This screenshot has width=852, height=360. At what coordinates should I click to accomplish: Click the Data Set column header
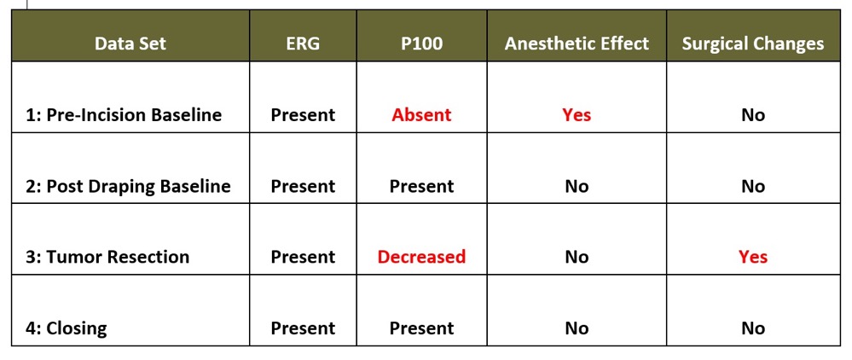pos(130,44)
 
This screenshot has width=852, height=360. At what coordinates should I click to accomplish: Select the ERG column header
pos(303,44)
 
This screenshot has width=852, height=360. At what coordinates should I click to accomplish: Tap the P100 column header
pos(421,44)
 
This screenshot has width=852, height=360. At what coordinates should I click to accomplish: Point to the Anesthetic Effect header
pos(577,44)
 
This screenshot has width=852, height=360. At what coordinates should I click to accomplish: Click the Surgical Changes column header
pos(752,44)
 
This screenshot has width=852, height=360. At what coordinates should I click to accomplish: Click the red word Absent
pos(421,115)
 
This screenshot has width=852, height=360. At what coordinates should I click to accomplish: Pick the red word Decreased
pos(421,257)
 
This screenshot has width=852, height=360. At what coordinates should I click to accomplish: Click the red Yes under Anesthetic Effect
pos(577,115)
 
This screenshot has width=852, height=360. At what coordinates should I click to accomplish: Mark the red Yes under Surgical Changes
pos(752,257)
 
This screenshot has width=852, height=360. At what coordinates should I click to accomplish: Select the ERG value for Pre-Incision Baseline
pos(303,115)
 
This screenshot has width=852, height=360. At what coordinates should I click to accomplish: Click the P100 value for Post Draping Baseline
pos(421,187)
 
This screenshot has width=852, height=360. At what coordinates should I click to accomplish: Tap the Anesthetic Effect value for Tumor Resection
pos(577,257)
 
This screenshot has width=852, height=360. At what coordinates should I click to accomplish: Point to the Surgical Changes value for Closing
pos(752,328)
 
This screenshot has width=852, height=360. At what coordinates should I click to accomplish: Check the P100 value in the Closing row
pos(421,328)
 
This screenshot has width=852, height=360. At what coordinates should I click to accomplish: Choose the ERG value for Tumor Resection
pos(303,257)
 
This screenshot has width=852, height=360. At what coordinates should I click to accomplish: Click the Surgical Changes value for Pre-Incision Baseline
pos(752,115)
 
